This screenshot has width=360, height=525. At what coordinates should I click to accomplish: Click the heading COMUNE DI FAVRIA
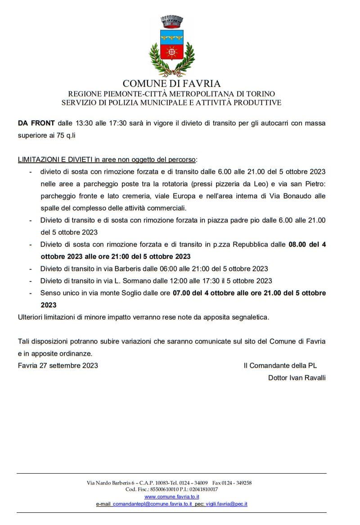(x=171, y=83)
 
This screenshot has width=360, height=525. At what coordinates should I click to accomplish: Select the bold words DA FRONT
(x=36, y=123)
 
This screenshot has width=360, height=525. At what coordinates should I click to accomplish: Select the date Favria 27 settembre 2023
(x=58, y=366)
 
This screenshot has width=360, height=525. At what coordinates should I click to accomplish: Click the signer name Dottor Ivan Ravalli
(x=297, y=378)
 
